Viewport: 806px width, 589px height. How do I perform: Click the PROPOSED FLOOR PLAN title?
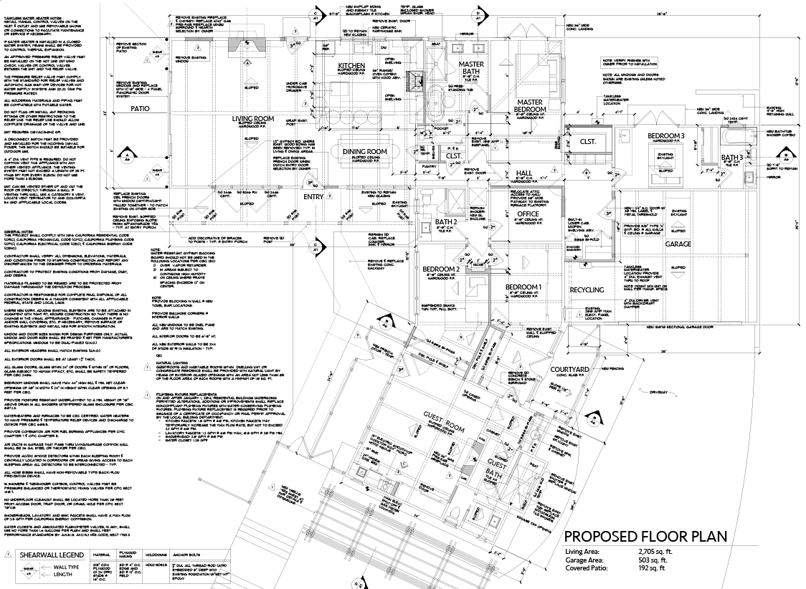(x=645, y=537)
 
